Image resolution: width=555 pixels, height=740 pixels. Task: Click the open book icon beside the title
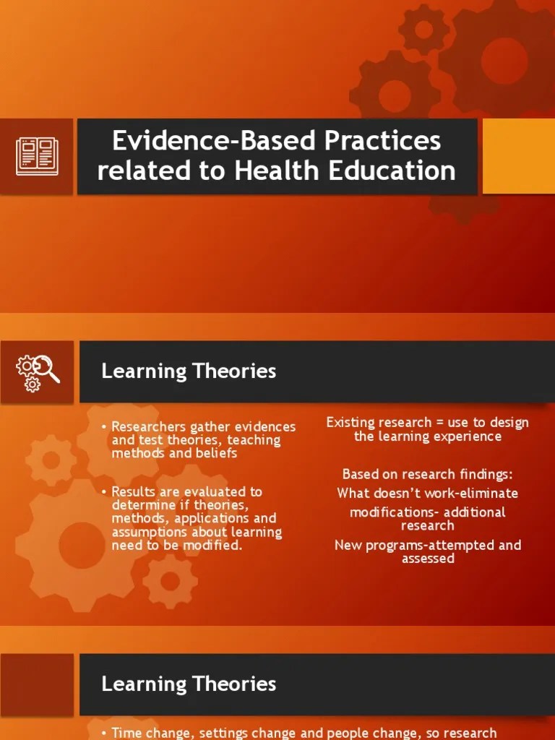(37, 157)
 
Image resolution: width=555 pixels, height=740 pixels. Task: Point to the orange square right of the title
(518, 157)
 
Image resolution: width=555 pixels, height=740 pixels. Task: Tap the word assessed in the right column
(428, 559)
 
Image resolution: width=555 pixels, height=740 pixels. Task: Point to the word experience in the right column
(467, 436)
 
